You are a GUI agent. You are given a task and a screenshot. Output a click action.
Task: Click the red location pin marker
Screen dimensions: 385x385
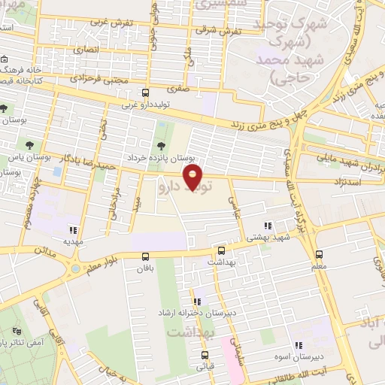tap(194, 177)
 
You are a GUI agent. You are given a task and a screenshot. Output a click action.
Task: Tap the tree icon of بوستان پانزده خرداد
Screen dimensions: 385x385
tap(159, 146)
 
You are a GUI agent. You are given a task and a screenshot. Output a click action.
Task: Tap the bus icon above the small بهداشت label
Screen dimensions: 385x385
tap(221, 251)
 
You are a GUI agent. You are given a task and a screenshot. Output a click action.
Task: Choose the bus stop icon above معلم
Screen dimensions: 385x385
tap(320, 254)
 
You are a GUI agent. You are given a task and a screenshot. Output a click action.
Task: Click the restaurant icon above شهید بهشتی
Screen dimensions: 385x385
tap(267, 226)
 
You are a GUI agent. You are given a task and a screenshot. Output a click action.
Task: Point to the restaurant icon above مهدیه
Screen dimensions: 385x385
tap(73, 231)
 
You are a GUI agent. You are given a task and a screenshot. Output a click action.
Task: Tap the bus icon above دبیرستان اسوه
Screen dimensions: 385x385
tap(318, 336)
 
